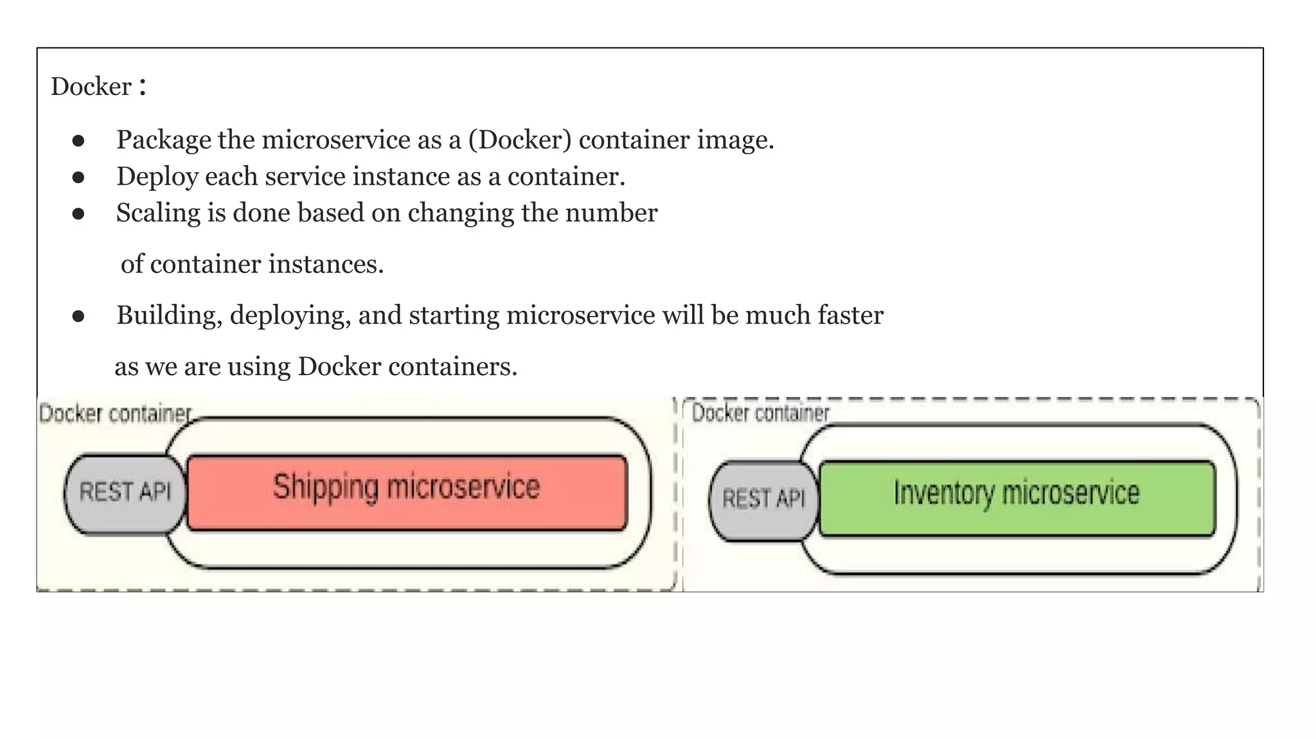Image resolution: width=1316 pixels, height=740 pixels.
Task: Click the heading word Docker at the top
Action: click(x=91, y=87)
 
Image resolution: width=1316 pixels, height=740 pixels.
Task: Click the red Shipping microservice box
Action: click(x=407, y=492)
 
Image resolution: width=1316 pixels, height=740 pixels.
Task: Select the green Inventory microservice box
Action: click(x=1017, y=498)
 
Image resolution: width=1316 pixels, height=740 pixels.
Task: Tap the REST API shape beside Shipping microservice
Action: click(x=125, y=493)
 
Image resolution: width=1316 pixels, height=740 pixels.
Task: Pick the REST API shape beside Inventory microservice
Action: click(x=763, y=500)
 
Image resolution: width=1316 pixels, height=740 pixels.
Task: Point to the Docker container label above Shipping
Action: click(x=115, y=414)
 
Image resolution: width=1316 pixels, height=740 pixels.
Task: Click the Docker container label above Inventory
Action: click(x=760, y=413)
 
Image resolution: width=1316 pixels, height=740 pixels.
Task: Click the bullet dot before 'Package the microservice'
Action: click(x=78, y=141)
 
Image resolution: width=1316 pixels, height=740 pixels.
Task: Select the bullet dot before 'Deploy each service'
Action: click(x=78, y=177)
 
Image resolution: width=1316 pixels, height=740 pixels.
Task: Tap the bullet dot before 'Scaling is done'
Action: click(x=78, y=214)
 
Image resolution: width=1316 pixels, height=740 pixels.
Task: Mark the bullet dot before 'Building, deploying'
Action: click(x=78, y=316)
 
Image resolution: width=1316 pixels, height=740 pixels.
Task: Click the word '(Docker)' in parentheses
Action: click(x=520, y=140)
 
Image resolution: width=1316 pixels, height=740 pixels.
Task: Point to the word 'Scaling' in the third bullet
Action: click(x=158, y=213)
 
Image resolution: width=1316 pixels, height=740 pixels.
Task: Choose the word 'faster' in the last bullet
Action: click(x=850, y=315)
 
